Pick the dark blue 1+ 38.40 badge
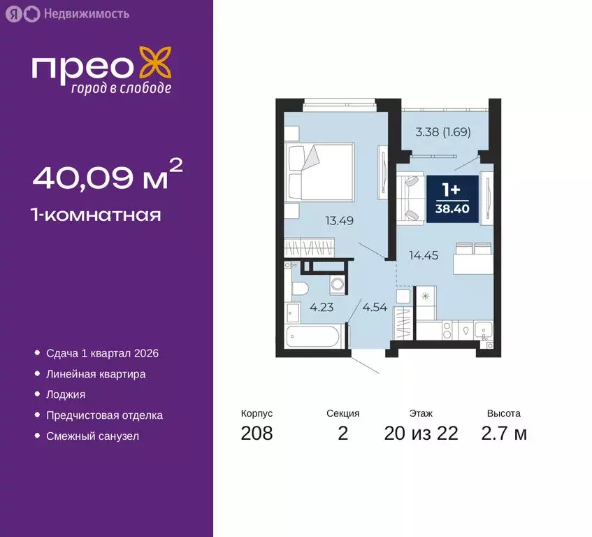[452, 199]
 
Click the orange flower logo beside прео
[154, 64]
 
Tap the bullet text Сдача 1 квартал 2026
[102, 353]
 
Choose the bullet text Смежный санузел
[92, 436]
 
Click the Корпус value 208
[257, 434]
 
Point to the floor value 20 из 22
[421, 434]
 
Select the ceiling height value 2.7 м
[504, 434]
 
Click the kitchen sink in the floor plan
[482, 329]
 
